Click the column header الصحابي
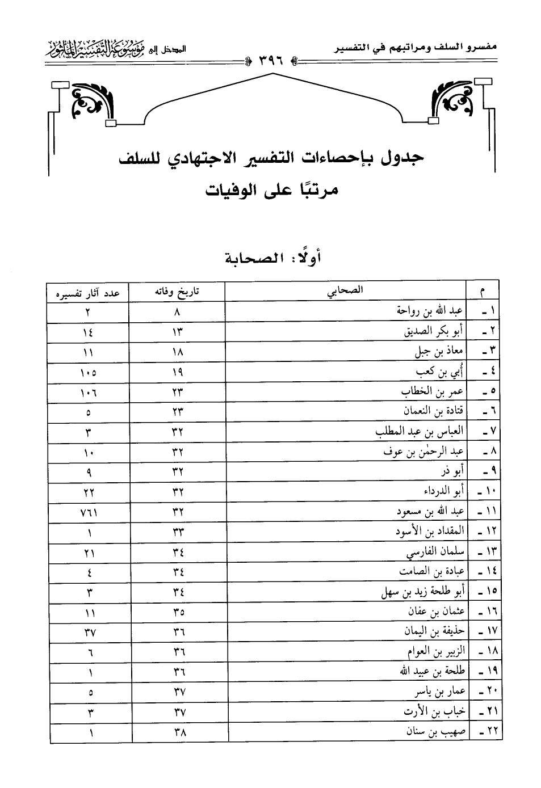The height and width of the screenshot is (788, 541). point(345,290)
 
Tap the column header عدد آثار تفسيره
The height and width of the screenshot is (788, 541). point(88,293)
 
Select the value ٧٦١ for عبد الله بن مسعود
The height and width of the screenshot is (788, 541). point(89,512)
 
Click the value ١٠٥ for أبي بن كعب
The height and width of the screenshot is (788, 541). point(89,373)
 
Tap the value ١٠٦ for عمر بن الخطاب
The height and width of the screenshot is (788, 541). point(89,393)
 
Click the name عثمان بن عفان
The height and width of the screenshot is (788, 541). point(436,612)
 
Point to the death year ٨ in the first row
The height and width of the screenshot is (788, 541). point(177,311)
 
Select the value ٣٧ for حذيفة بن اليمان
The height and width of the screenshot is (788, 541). point(89,632)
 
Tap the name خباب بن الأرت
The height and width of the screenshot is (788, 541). point(434,711)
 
